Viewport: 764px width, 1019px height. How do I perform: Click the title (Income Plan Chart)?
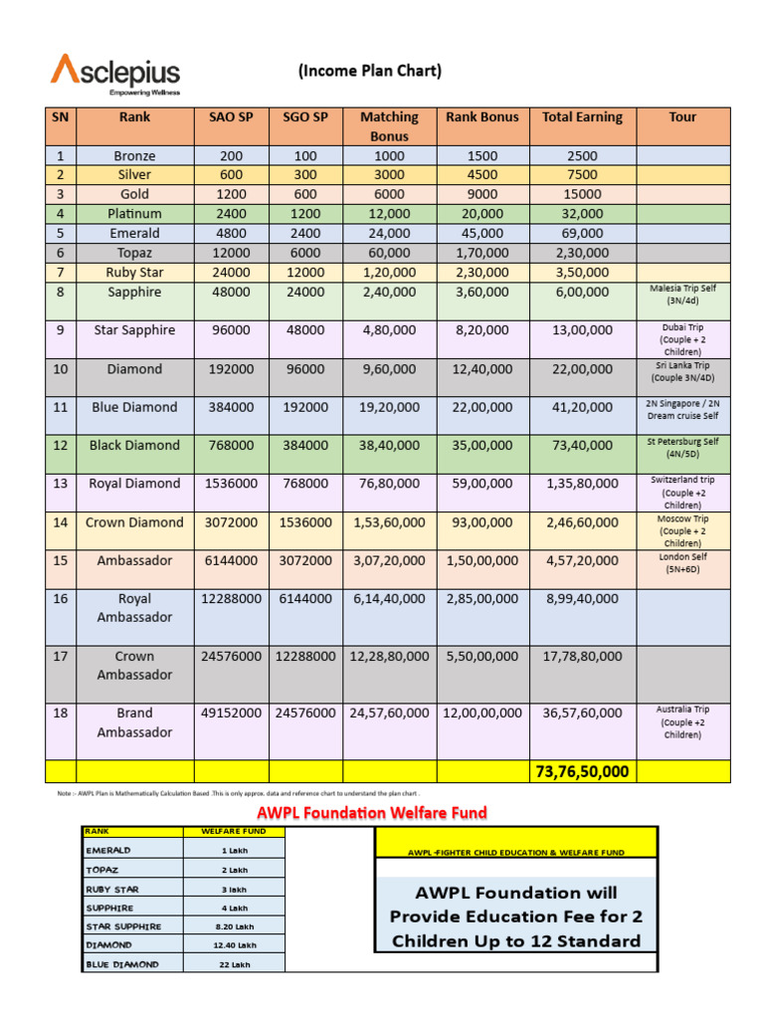coord(369,71)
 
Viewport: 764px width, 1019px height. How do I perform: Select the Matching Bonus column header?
coord(389,125)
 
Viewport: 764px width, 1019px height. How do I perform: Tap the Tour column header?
coord(682,116)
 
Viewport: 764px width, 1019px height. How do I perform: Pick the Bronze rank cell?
coord(134,155)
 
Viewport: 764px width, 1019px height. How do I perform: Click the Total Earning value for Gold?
coord(582,194)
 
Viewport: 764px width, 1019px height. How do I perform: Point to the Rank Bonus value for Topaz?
coord(481,253)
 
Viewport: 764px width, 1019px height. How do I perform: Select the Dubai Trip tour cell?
coord(682,339)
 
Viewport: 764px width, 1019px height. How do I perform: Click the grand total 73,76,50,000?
coord(582,771)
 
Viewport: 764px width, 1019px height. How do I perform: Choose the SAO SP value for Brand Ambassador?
coord(231,713)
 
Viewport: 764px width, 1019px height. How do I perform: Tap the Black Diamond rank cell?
coord(134,445)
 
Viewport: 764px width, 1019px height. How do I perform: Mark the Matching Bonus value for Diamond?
coord(389,368)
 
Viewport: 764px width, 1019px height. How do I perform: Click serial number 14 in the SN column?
coord(61,521)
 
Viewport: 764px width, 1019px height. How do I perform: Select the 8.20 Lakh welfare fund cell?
coord(235,926)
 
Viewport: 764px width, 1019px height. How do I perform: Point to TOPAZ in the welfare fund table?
coord(102,870)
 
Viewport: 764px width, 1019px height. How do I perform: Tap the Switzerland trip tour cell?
coord(682,492)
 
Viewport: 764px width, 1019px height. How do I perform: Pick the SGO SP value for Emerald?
coord(305,233)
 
